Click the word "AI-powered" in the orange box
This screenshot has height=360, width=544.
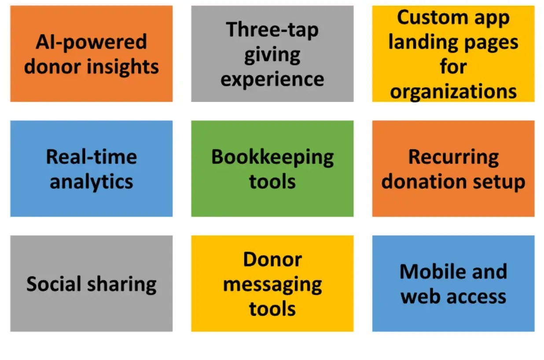coord(91,42)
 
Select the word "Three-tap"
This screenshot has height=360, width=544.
coord(272,30)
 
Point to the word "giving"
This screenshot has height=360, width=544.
coord(272,55)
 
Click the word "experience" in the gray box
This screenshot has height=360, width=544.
coord(272,80)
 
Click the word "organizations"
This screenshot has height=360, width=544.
coord(453,92)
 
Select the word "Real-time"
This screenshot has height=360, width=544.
coord(91,157)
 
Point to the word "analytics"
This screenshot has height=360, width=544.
coord(91,182)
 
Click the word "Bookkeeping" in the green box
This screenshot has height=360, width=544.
coord(272,157)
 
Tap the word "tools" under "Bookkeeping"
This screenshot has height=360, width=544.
coord(272,182)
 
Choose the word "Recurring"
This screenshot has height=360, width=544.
coord(453,157)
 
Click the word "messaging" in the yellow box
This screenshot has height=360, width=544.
coord(272,285)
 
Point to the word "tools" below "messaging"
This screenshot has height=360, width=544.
coord(272,309)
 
